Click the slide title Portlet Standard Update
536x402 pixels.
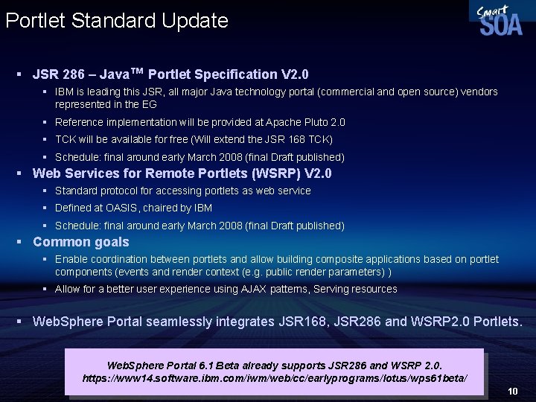pos(117,20)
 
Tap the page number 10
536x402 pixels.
pos(512,391)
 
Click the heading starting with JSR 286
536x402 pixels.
pos(170,74)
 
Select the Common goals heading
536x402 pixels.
pos(81,242)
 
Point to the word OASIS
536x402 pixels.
pos(118,208)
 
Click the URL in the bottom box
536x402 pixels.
pos(275,379)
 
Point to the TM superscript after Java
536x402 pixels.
pos(136,71)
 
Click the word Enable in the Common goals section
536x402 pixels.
pos(71,259)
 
